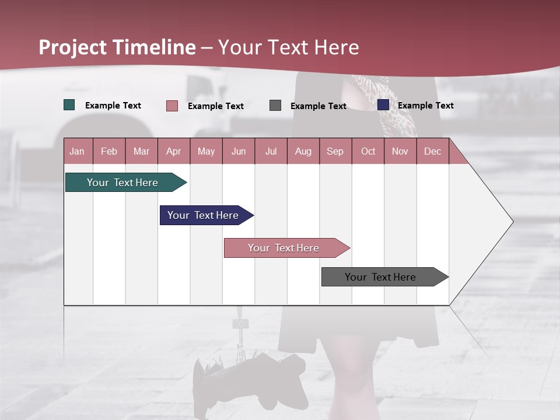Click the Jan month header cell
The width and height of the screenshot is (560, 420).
(x=78, y=151)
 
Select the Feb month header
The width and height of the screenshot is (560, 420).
(x=109, y=151)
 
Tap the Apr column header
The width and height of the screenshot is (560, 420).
(x=174, y=151)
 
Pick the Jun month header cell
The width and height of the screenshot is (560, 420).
(x=239, y=151)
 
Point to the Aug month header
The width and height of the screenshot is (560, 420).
(x=303, y=151)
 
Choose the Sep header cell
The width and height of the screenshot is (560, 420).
(x=335, y=151)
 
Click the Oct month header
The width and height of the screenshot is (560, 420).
(x=368, y=151)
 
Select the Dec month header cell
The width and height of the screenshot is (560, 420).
(x=433, y=151)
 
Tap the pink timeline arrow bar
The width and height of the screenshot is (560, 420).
(x=284, y=248)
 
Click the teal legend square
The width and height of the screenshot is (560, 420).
(x=69, y=105)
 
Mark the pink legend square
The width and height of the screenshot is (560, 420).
(x=172, y=106)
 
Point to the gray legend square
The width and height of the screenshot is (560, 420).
(x=275, y=106)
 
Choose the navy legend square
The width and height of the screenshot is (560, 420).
(x=383, y=105)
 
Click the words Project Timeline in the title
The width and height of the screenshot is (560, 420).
(x=117, y=47)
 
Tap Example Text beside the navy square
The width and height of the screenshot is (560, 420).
(x=426, y=106)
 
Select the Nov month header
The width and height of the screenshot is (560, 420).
(x=400, y=151)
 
